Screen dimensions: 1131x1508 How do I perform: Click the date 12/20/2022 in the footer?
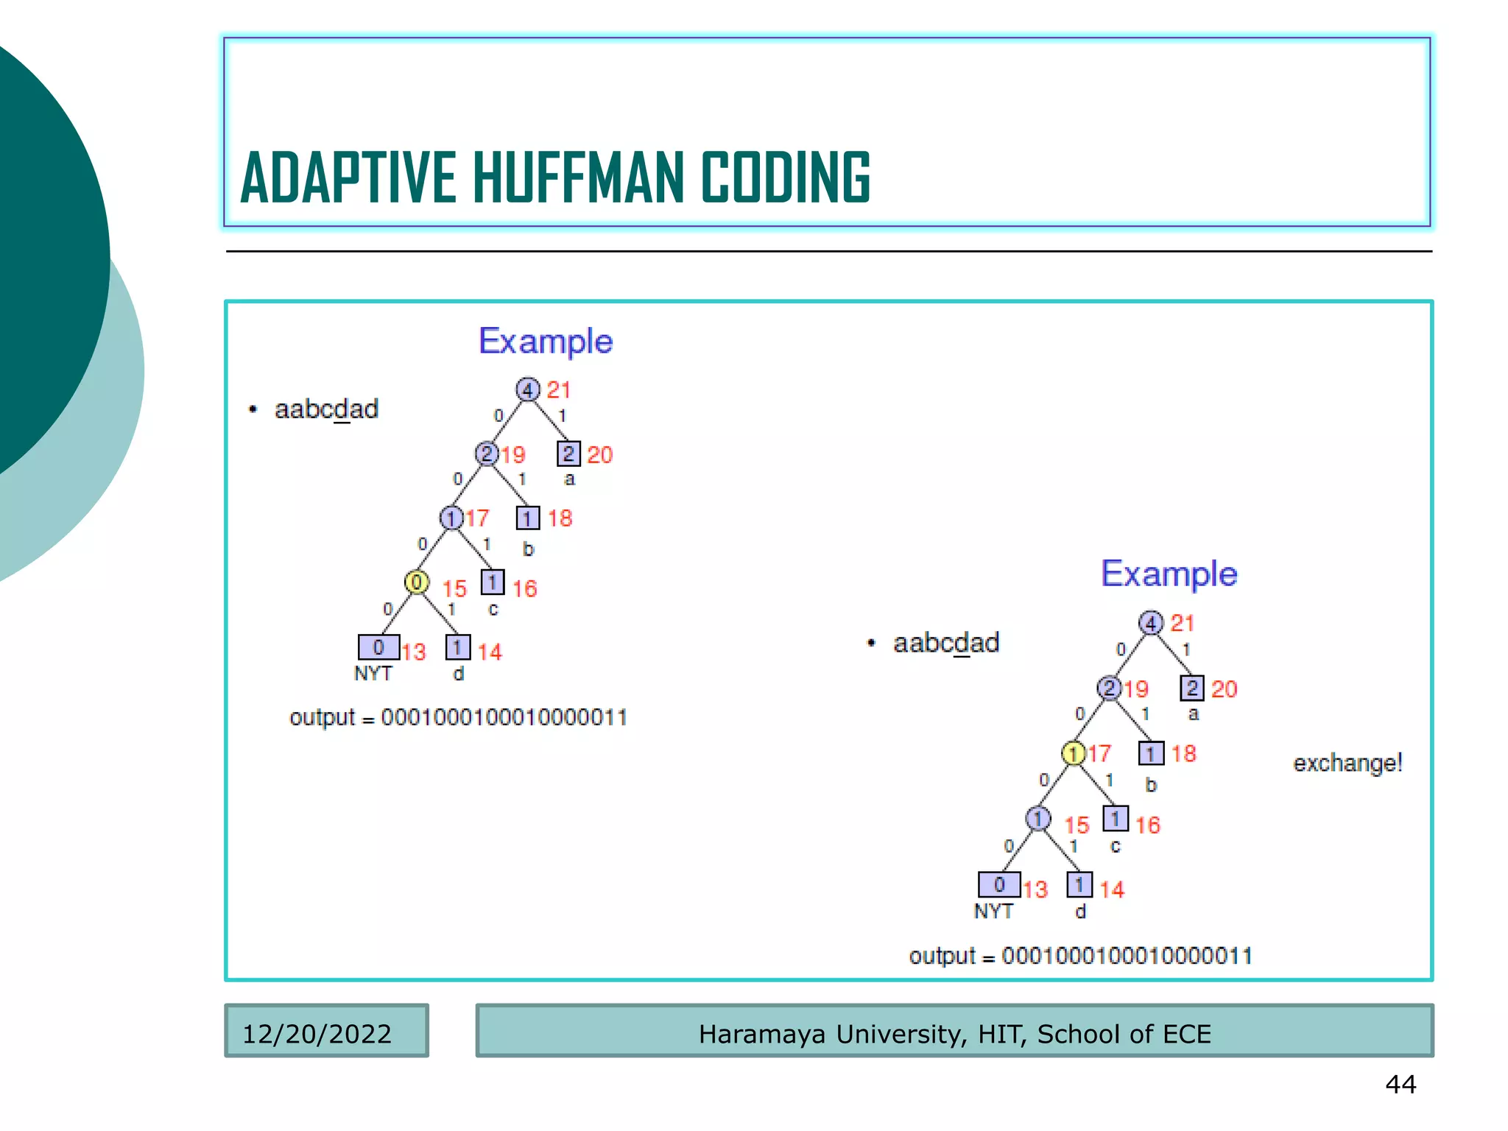[317, 1034]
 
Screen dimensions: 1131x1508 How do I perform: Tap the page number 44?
[1400, 1084]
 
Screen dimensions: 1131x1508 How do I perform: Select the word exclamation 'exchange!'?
[1347, 763]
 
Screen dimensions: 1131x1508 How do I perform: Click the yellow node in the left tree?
[417, 582]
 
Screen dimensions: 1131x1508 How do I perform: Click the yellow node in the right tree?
[1074, 753]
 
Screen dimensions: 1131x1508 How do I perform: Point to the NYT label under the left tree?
[373, 674]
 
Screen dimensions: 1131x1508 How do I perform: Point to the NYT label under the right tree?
[993, 912]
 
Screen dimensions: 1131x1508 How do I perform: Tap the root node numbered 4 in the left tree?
[527, 389]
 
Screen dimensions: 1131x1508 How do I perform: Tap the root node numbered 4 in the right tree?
[1151, 623]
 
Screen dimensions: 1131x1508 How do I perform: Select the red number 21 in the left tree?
[559, 390]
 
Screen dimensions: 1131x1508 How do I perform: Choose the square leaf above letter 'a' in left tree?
[568, 454]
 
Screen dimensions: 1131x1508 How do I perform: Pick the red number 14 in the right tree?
[1112, 889]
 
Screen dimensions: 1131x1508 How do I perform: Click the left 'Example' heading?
[546, 342]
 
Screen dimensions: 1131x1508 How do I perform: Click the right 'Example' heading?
[1169, 574]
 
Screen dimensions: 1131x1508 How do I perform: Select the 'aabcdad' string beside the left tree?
[326, 409]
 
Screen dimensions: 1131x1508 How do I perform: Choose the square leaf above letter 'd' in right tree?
[1079, 884]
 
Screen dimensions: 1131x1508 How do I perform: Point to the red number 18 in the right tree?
[1183, 753]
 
